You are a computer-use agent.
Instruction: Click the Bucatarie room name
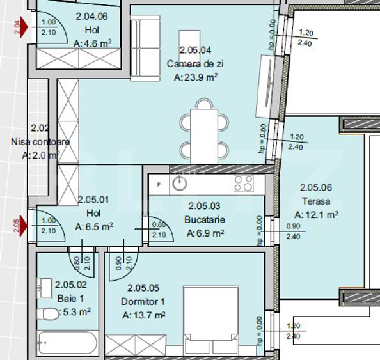pyautogui.click(x=205, y=220)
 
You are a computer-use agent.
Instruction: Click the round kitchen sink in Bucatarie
pyautogui.click(x=182, y=184)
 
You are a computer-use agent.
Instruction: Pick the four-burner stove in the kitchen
pyautogui.click(x=242, y=184)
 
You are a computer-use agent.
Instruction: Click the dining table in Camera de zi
pyautogui.click(x=203, y=130)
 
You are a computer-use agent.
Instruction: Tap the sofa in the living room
pyautogui.click(x=145, y=49)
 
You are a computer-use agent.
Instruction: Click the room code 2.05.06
pyautogui.click(x=316, y=187)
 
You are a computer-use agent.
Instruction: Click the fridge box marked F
pyautogui.click(x=159, y=184)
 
